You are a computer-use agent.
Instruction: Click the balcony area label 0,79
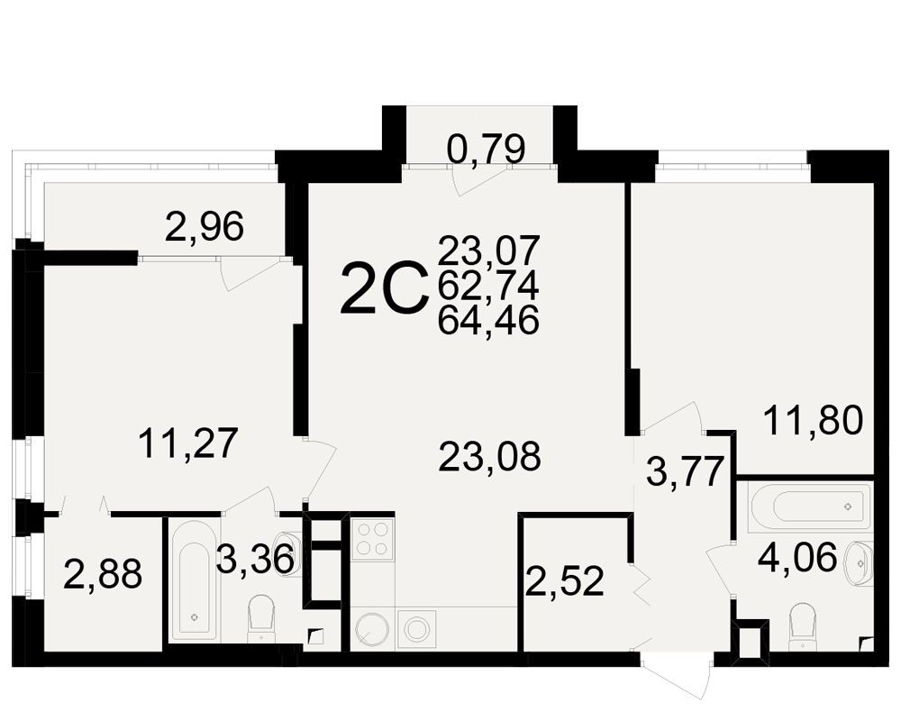pyautogui.click(x=487, y=149)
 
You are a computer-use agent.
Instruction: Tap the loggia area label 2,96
pyautogui.click(x=204, y=226)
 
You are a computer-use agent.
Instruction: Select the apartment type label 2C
pyautogui.click(x=385, y=289)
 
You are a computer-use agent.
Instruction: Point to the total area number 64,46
pyautogui.click(x=488, y=319)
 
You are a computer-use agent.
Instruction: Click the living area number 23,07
pyautogui.click(x=488, y=251)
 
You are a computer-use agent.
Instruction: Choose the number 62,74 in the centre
pyautogui.click(x=488, y=286)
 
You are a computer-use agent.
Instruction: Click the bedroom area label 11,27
pyautogui.click(x=188, y=443)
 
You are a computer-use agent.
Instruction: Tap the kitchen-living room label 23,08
pyautogui.click(x=489, y=457)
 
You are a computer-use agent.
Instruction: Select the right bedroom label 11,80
pyautogui.click(x=813, y=420)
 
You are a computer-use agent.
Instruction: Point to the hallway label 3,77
pyautogui.click(x=684, y=470)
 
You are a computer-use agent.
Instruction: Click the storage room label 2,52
pyautogui.click(x=566, y=581)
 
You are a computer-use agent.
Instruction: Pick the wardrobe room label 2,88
pyautogui.click(x=103, y=574)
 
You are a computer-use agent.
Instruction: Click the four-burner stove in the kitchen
pyautogui.click(x=372, y=539)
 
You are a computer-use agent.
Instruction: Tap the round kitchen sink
pyautogui.click(x=372, y=630)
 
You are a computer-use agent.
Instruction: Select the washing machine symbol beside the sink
pyautogui.click(x=417, y=629)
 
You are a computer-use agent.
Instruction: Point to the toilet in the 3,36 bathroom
pyautogui.click(x=261, y=618)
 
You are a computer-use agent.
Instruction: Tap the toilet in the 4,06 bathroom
pyautogui.click(x=804, y=626)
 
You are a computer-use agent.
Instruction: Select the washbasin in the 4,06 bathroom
pyautogui.click(x=858, y=563)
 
